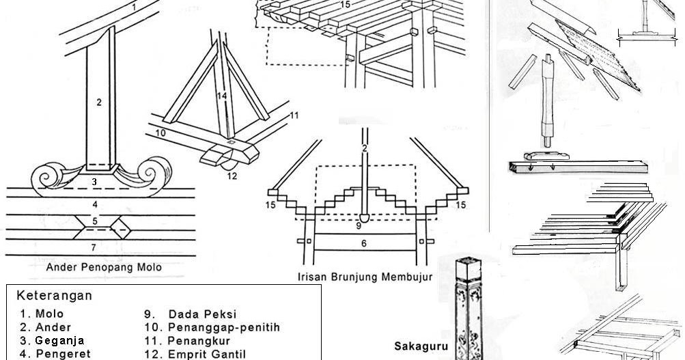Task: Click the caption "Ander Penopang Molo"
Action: tap(103, 267)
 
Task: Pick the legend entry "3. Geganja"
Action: tap(52, 340)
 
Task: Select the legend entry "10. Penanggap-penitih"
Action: tap(212, 327)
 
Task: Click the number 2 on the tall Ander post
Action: tap(99, 102)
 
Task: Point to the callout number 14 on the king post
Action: tap(222, 96)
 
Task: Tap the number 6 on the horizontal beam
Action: tap(364, 243)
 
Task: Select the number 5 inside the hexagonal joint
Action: tap(96, 221)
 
